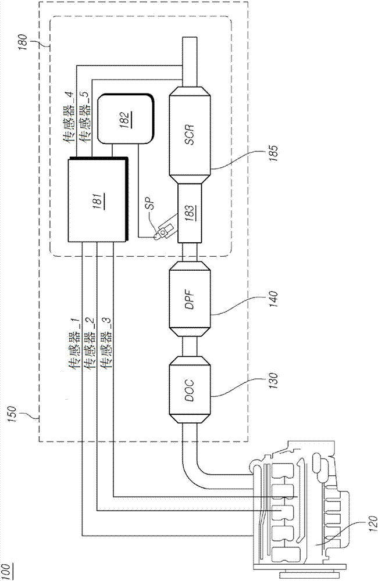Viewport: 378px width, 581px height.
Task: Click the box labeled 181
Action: (97, 199)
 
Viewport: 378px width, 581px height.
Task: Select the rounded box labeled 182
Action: (126, 120)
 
